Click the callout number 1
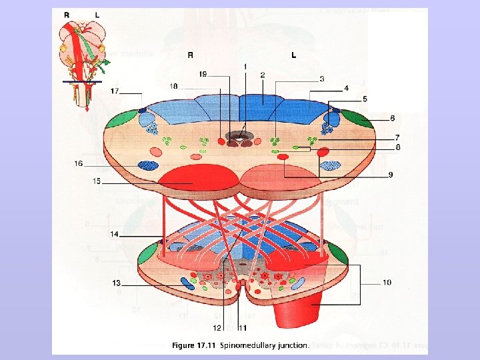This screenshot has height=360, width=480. tap(245, 67)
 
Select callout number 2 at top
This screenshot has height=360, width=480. tap(263, 75)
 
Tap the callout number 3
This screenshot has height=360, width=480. tap(322, 79)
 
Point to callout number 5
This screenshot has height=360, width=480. tap(365, 99)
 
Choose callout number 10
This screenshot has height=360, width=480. tap(387, 283)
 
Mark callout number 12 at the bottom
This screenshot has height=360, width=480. tap(217, 328)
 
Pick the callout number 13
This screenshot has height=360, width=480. tap(117, 283)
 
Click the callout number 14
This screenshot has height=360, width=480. tap(114, 234)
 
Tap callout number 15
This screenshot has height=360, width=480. tap(97, 181)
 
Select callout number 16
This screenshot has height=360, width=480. tap(79, 163)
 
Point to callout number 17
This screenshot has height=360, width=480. tap(115, 91)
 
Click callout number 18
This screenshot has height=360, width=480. tap(173, 87)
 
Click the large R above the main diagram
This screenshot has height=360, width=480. tap(191, 55)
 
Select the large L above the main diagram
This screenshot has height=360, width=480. tap(293, 55)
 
